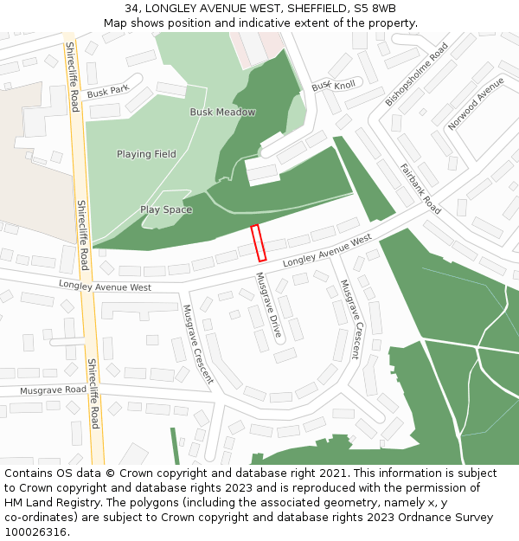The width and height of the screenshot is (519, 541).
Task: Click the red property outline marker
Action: point(257,242)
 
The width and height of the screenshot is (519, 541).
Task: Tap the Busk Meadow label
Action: point(222,113)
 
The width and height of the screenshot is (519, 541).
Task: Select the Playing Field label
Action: point(146,154)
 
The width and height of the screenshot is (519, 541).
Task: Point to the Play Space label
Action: point(166,209)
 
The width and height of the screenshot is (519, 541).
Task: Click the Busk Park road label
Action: point(107,90)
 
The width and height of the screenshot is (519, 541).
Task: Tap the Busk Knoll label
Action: point(333,86)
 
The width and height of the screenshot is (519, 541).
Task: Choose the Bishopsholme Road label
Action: point(417,74)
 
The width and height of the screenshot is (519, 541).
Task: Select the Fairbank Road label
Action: point(420,189)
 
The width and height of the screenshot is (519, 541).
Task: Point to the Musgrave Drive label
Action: point(268,305)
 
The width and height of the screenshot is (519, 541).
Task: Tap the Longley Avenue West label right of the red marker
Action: point(327,250)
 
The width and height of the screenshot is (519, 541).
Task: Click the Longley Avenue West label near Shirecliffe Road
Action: point(105,287)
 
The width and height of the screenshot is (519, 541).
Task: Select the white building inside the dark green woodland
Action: point(262,173)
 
